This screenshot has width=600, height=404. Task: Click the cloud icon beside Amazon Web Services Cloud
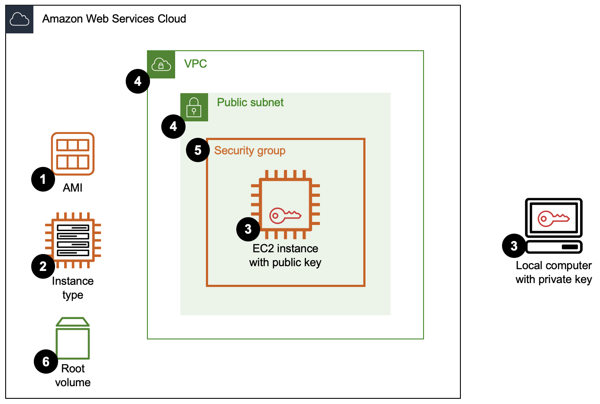pos(20,20)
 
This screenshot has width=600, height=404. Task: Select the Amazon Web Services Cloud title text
pos(114,19)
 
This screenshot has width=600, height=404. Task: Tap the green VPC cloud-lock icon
pos(161,65)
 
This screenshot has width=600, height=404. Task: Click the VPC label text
pos(196,64)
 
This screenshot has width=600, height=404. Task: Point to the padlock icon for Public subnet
pos(194,107)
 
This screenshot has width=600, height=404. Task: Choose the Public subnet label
pos(250,102)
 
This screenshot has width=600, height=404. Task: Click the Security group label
pos(250,150)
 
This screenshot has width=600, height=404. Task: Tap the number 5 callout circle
pos(198,150)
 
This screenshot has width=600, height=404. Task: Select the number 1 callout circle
pos(43,179)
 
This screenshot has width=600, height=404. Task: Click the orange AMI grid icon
pos(73,154)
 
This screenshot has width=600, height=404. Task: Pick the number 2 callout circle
pos(43,266)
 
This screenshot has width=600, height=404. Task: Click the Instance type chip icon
pos(73,240)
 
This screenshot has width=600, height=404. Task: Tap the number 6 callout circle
pos(46,362)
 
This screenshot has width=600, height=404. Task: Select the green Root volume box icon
pos(73,339)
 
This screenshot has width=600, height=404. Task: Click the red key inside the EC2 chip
pos(285,215)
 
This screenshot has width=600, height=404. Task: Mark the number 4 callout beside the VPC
pos(138,81)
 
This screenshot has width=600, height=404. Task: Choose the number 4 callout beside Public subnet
pos(173,126)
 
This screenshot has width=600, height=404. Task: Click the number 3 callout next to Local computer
pos(514,246)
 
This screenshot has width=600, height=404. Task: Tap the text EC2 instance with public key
pos(285,255)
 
